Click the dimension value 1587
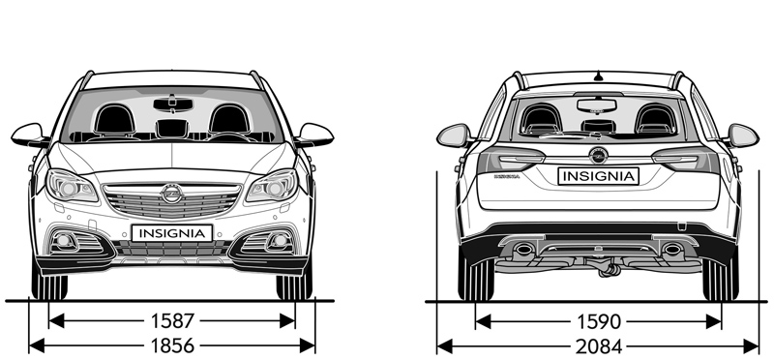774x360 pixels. tap(172, 321)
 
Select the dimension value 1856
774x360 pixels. tap(172, 345)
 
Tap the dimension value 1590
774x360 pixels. tap(598, 322)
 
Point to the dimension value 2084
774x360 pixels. tap(598, 346)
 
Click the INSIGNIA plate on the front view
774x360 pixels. tap(172, 233)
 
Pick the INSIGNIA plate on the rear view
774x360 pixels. tap(598, 176)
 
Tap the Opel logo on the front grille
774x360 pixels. tap(172, 194)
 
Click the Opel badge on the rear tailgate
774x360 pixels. tap(598, 155)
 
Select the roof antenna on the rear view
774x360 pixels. tap(598, 75)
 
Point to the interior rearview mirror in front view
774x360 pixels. tap(173, 105)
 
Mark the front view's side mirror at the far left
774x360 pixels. tap(30, 135)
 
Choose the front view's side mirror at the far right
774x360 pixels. tap(314, 135)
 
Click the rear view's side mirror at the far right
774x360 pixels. tap(743, 135)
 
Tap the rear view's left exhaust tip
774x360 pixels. tap(523, 249)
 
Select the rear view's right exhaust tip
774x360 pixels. tap(672, 249)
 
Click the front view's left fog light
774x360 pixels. tap(64, 241)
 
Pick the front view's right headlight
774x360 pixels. tap(272, 186)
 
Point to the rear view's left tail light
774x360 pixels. tap(511, 160)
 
